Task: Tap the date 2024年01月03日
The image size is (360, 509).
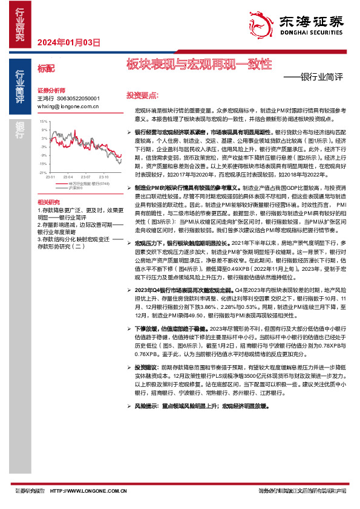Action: pyautogui.click(x=68, y=42)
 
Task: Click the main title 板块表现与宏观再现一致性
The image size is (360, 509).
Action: pyautogui.click(x=199, y=63)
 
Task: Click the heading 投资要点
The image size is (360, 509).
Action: pyautogui.click(x=142, y=96)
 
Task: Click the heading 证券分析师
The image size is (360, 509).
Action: pyautogui.click(x=50, y=89)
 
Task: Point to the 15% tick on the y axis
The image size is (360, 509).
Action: pyautogui.click(x=44, y=122)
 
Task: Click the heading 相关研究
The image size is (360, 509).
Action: pyautogui.click(x=48, y=201)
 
